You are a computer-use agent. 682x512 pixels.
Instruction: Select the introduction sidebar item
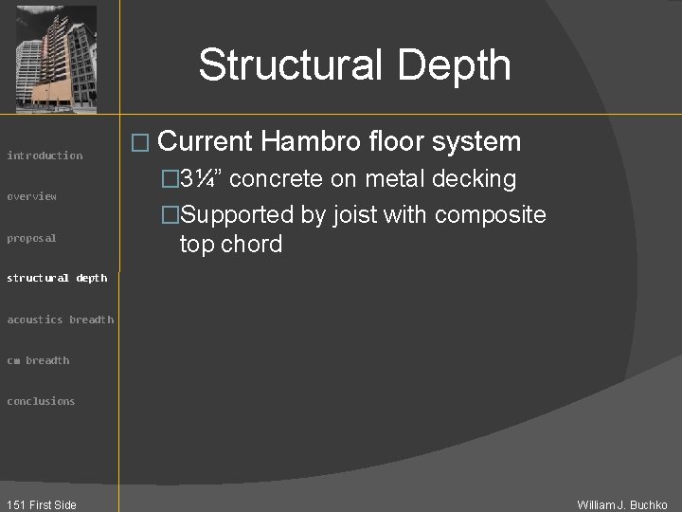tap(45, 155)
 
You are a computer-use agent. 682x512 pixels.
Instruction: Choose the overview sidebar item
tap(32, 196)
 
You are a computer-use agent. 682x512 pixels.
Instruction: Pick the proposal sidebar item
tap(32, 238)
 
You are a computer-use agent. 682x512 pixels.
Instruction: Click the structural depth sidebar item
tap(57, 278)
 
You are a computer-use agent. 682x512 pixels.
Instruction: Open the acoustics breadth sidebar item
tap(60, 320)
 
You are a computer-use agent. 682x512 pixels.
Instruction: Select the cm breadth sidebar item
tap(38, 360)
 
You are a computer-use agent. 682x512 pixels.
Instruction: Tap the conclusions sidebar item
tap(41, 401)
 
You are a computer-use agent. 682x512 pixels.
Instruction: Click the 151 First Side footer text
tap(40, 504)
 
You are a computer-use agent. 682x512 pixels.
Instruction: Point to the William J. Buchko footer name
tap(622, 504)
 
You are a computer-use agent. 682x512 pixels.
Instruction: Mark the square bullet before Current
tap(144, 143)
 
